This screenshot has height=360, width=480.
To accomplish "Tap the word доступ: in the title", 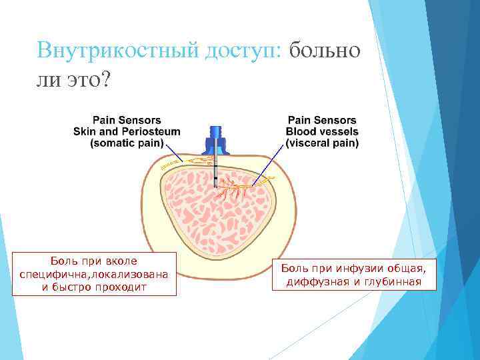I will coord(244,50).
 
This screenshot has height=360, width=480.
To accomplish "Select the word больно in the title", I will coord(326,50).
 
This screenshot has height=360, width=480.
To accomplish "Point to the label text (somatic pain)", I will coord(127,143).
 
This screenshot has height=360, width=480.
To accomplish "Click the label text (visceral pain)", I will coord(322,143).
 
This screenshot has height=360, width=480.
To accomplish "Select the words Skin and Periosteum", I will coord(127,131).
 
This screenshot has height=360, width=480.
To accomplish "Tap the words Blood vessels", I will coord(322,131).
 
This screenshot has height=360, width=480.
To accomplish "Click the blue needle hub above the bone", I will coord(215,141).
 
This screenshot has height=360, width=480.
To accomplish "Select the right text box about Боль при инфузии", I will coord(352,275).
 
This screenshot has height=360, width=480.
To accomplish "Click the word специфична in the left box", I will coord(55,274).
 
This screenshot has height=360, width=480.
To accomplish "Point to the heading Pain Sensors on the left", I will coord(127,120).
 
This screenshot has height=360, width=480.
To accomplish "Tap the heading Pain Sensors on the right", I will coord(322,120).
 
